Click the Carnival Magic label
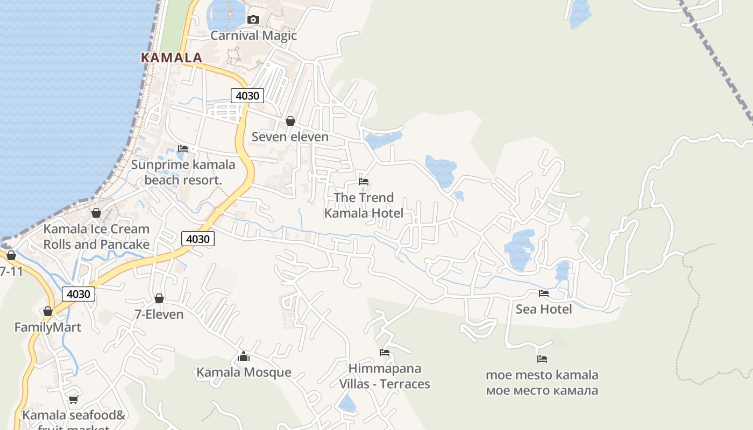pos(253,35)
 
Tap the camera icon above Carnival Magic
pos(253,20)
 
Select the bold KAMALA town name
pos(172,58)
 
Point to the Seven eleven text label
pos(290,137)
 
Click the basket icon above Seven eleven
pos(290,121)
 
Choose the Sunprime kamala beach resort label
pos(183,172)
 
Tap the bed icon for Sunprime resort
pos(183,148)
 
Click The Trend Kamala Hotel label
pos(364,205)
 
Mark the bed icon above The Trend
pos(364,182)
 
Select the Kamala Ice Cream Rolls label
pos(96,236)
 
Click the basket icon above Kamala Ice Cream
pos(96,213)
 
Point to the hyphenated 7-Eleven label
pos(159,314)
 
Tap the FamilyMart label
pos(48,327)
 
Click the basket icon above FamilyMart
pos(48,311)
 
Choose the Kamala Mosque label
pos(244,372)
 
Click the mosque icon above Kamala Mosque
pos(244,356)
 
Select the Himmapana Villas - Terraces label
pos(385,376)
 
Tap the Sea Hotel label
pos(544,309)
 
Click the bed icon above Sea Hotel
pos(544,293)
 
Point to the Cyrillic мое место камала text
pos(542,390)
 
